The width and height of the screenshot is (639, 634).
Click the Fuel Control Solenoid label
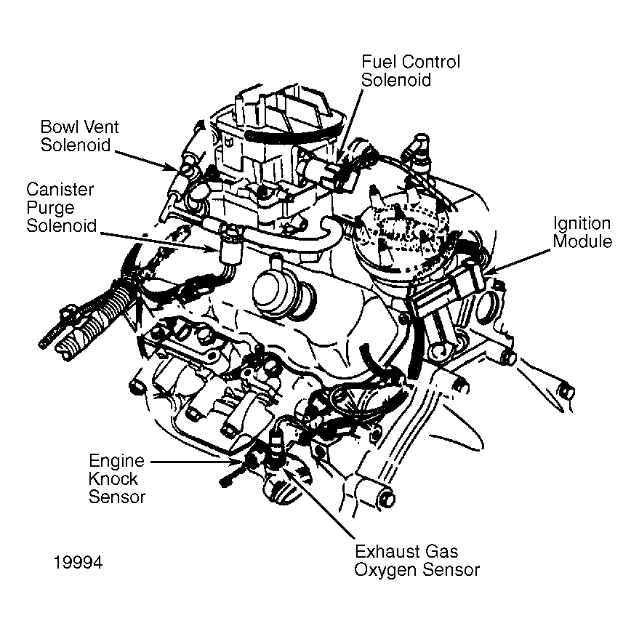point(410,71)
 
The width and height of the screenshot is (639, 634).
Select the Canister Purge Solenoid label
point(61,207)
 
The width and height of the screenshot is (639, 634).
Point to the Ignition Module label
point(582,232)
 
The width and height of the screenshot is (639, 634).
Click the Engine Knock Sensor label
point(117,478)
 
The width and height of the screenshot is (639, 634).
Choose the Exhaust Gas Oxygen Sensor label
point(417,561)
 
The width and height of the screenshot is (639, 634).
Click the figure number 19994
point(77,563)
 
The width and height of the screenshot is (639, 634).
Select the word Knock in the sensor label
point(112,479)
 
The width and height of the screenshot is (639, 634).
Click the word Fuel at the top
point(377,62)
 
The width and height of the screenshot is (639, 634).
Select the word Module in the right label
point(582,241)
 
